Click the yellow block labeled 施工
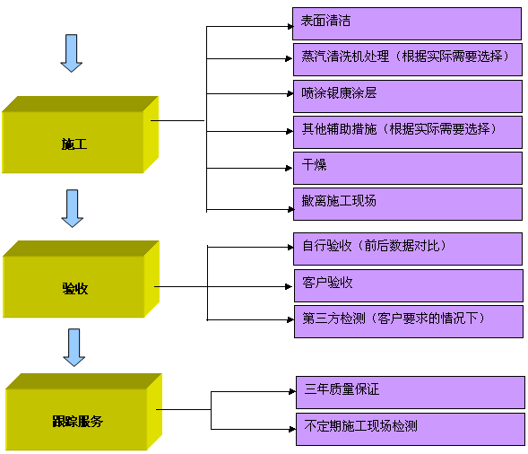[x=80, y=135]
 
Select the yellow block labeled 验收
[x=81, y=279]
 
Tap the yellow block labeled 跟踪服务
[x=83, y=412]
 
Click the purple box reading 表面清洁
[x=407, y=23]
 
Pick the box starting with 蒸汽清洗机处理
[x=408, y=59]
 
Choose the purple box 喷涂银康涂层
[x=408, y=96]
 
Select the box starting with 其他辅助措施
[x=408, y=132]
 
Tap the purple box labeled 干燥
[x=408, y=168]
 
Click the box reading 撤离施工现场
[x=408, y=205]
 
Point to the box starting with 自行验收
[x=408, y=249]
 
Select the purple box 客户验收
[x=409, y=285]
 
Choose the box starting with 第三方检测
[x=409, y=321]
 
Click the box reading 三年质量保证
[x=411, y=393]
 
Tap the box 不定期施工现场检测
[x=411, y=429]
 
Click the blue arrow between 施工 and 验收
[x=73, y=208]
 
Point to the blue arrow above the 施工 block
[x=72, y=53]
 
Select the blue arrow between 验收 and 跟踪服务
[x=74, y=347]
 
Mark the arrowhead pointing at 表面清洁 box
[x=290, y=26]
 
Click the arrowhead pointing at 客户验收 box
[x=289, y=286]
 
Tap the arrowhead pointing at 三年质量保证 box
[x=292, y=392]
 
